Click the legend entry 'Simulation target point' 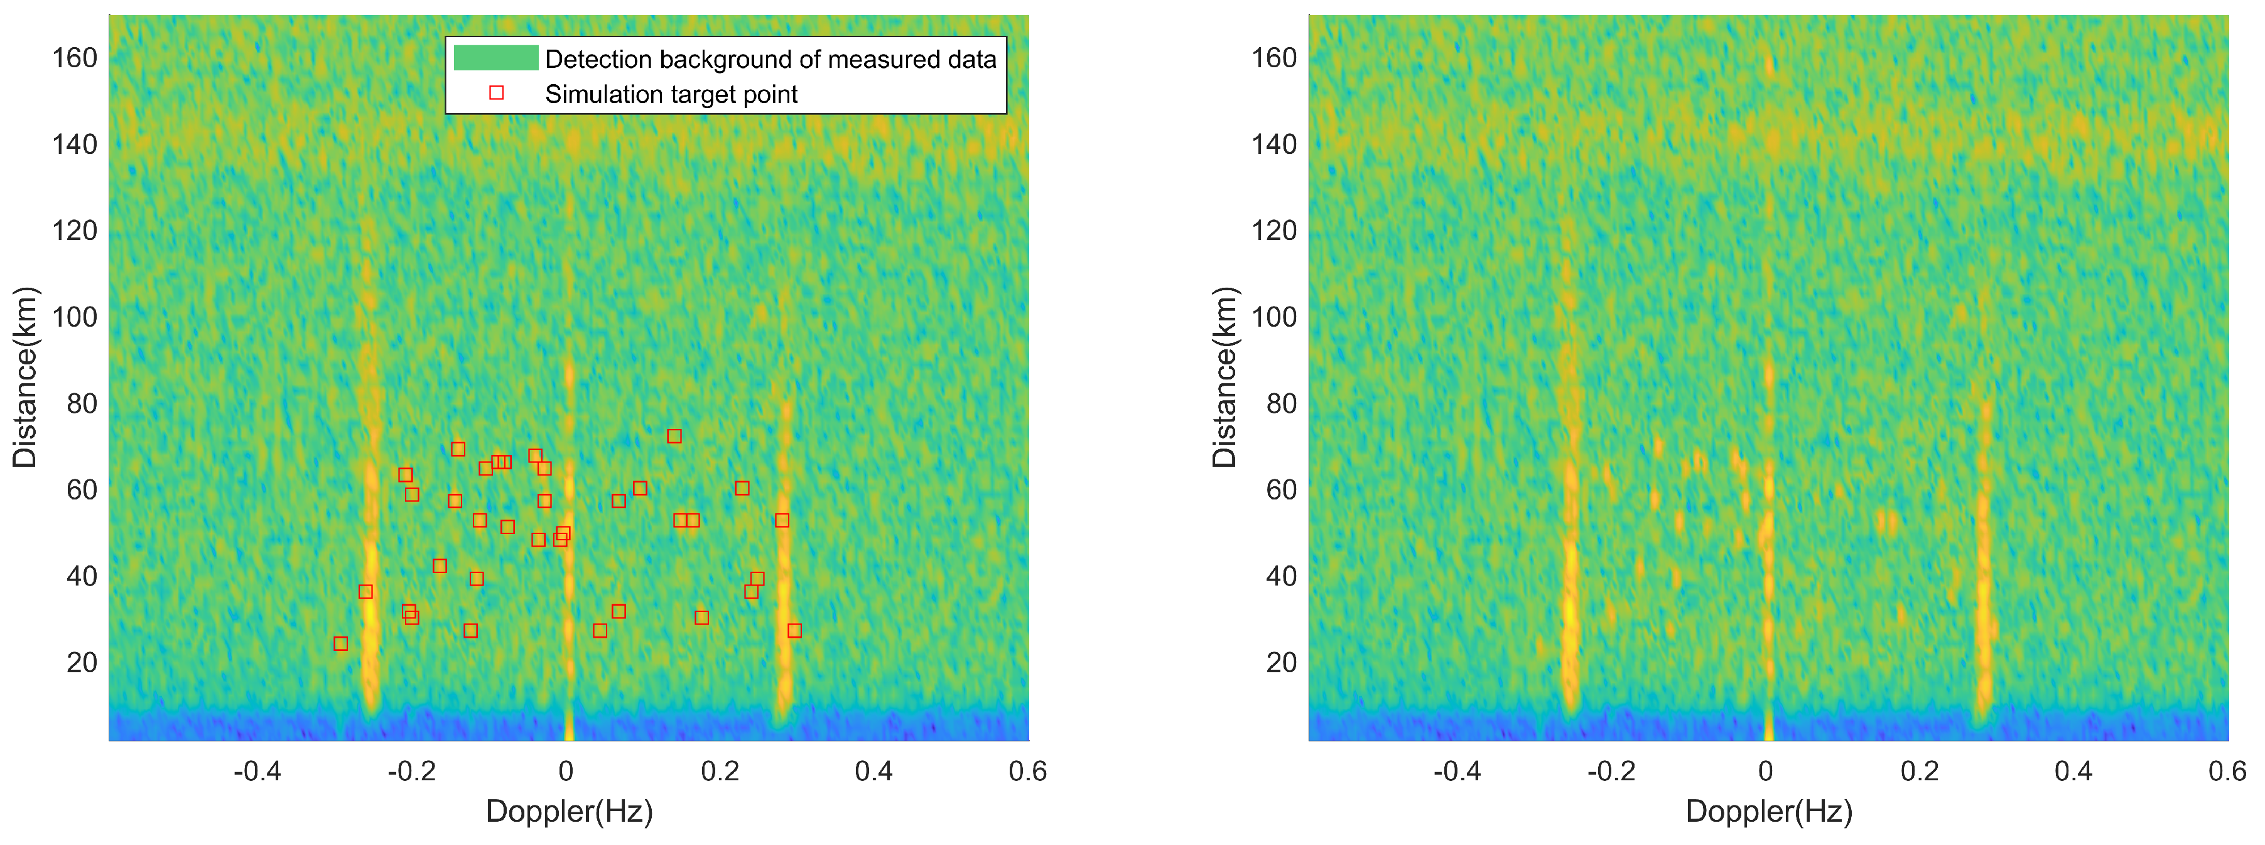[x=671, y=94]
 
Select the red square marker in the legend [x=496, y=92]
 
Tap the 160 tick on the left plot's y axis [x=75, y=58]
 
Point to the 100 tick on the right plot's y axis [x=1274, y=317]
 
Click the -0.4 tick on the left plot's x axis [x=257, y=771]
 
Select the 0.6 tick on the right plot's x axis [x=2226, y=771]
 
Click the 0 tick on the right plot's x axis [x=1766, y=771]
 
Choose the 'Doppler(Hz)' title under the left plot [x=569, y=810]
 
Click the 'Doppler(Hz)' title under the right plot [x=1768, y=810]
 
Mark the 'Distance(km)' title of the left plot [x=24, y=377]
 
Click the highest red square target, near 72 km [x=674, y=436]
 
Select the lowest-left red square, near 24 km [x=341, y=643]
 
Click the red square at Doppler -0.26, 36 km [x=365, y=592]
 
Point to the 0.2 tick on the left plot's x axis [x=720, y=771]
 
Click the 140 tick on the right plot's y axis [x=1274, y=144]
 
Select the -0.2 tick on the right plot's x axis [x=1612, y=771]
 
